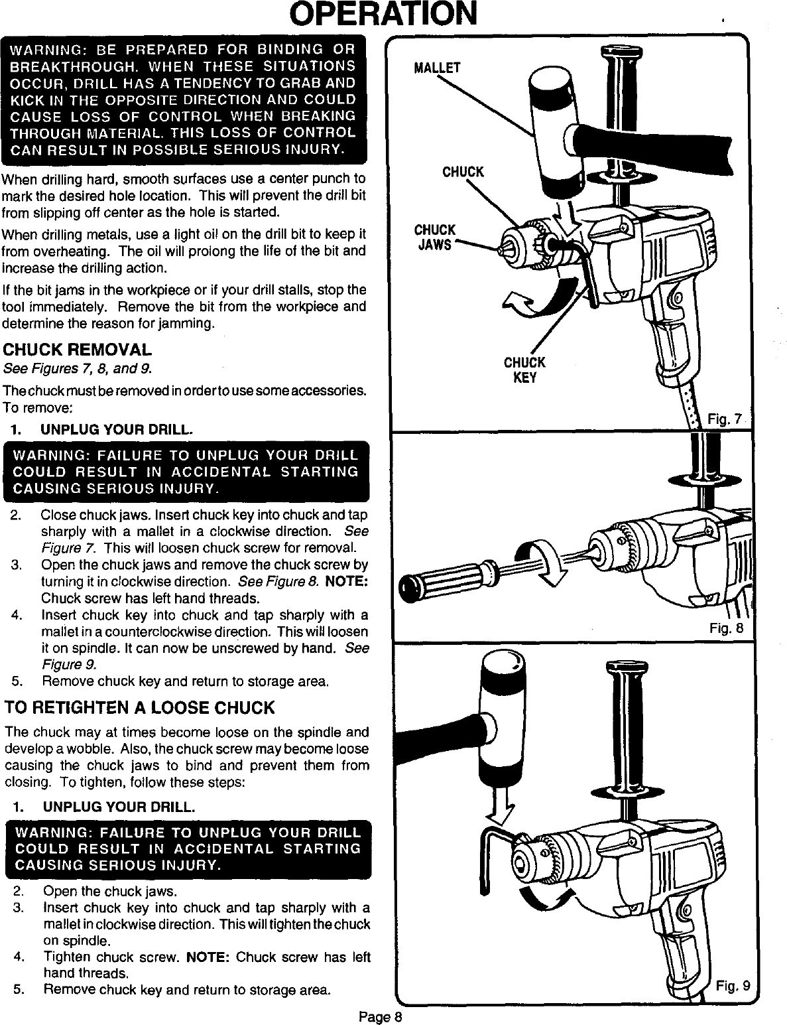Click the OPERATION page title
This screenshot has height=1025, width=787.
click(394, 15)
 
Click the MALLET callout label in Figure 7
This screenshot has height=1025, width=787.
click(436, 68)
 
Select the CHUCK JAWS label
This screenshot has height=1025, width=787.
click(434, 238)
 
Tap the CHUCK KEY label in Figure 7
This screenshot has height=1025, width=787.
click(524, 370)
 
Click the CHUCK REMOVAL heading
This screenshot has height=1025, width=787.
click(78, 350)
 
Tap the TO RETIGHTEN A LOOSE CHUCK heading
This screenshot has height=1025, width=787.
click(139, 707)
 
